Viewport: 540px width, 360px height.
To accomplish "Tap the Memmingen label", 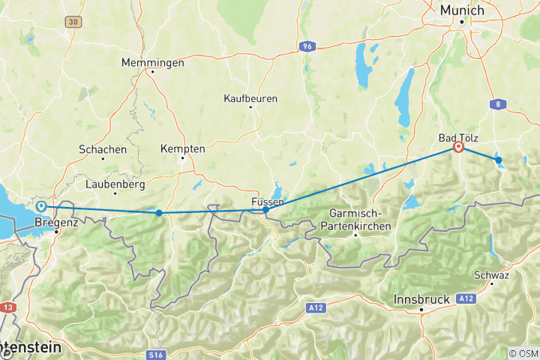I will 153,63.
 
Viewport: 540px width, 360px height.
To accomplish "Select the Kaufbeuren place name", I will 250,98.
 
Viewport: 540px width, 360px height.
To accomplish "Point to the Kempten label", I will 182,148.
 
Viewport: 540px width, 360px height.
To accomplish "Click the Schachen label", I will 103,149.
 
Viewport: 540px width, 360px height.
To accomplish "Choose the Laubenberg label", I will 113,183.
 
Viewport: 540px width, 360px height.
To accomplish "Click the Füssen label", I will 267,202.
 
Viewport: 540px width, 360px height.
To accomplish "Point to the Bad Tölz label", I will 457,138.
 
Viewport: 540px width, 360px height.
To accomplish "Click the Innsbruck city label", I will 421,299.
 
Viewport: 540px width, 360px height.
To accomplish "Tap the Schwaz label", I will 491,274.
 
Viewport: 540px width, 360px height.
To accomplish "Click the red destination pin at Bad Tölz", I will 457,147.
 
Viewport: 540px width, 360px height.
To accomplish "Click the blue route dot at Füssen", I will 265,210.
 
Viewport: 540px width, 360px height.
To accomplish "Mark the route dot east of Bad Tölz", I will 498,160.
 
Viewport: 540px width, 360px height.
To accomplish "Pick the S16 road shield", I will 156,353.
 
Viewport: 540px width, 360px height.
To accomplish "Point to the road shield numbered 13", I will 8,307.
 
